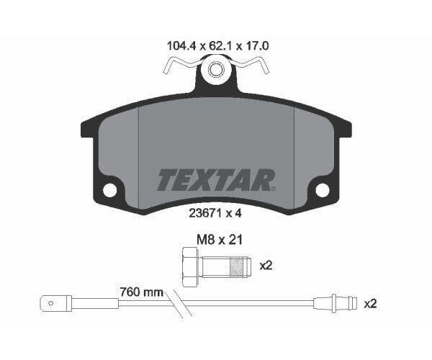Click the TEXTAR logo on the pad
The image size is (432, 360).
point(215,179)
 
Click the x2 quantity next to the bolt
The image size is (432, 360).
point(266,265)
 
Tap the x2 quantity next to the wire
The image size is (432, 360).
point(371,304)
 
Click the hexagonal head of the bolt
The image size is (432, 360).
point(190,265)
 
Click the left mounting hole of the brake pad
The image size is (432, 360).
point(110,190)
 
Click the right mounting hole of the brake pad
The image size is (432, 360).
point(322,190)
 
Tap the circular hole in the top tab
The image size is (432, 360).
point(215,71)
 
